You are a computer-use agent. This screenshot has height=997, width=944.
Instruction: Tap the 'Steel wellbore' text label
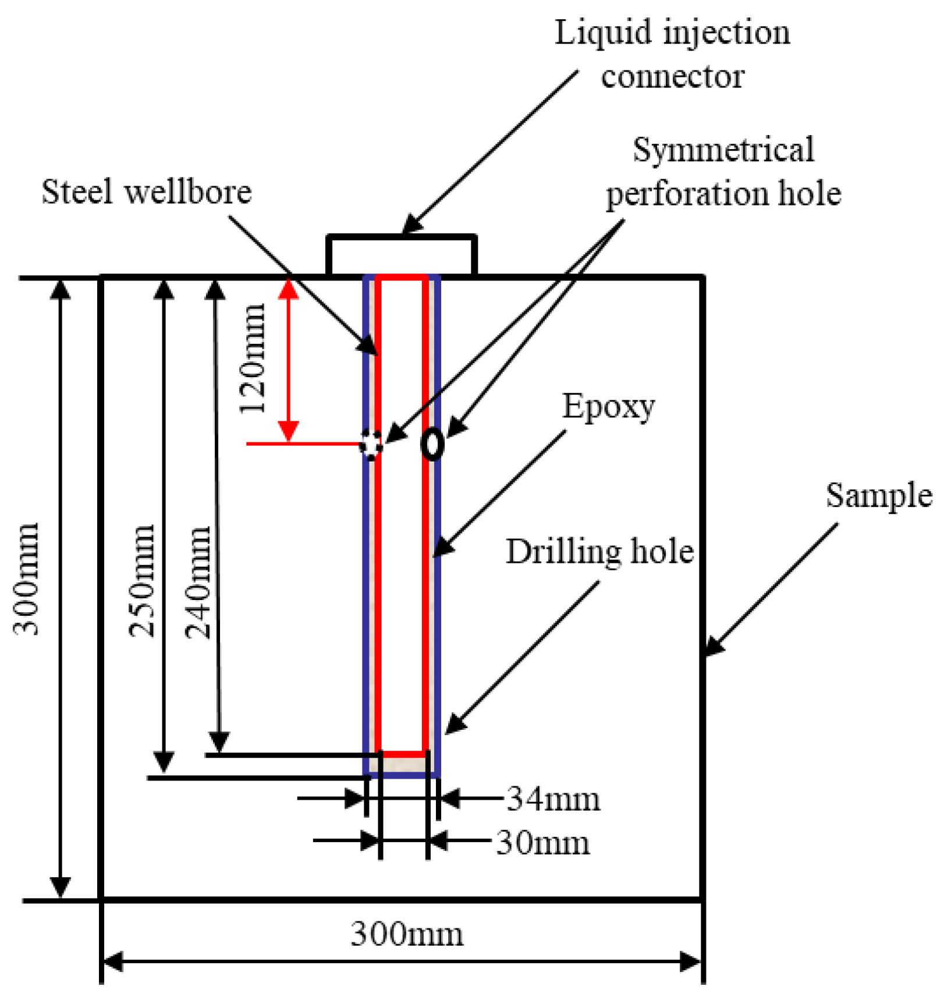click(147, 191)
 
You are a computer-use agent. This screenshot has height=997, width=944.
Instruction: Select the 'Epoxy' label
click(608, 406)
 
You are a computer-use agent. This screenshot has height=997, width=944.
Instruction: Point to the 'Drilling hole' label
click(599, 551)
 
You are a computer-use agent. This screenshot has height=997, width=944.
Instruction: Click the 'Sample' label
click(879, 495)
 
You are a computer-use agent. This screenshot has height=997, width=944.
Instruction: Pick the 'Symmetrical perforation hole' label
click(723, 172)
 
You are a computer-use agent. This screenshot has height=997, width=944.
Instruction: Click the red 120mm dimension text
click(254, 358)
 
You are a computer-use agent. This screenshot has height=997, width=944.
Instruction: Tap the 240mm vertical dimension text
click(198, 582)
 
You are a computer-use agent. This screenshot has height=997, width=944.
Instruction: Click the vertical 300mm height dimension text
click(27, 579)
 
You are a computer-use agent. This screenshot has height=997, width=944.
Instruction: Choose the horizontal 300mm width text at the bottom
click(407, 934)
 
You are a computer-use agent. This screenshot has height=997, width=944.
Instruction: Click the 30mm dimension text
click(542, 842)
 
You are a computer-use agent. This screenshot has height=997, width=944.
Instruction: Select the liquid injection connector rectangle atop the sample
click(402, 255)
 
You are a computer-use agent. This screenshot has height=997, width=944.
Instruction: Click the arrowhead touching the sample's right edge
click(714, 647)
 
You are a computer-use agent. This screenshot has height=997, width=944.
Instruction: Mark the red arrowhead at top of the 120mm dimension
click(289, 289)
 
